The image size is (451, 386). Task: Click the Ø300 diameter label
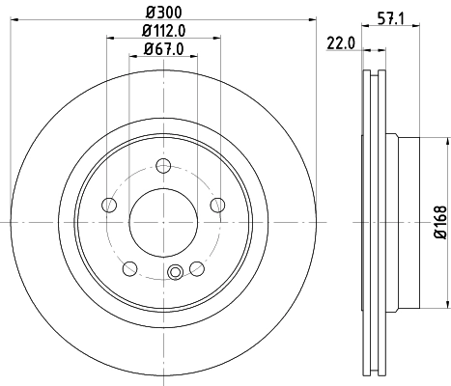[x=163, y=13]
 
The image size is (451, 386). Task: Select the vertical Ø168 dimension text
[x=439, y=221]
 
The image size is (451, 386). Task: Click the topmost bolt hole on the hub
[x=163, y=163]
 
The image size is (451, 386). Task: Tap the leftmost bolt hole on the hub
[x=109, y=204]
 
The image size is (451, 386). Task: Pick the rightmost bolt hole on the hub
[x=217, y=204]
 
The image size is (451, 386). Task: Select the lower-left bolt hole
[x=130, y=267]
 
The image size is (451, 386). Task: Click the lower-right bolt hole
[x=197, y=267]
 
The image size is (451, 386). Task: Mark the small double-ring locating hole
[x=175, y=272]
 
